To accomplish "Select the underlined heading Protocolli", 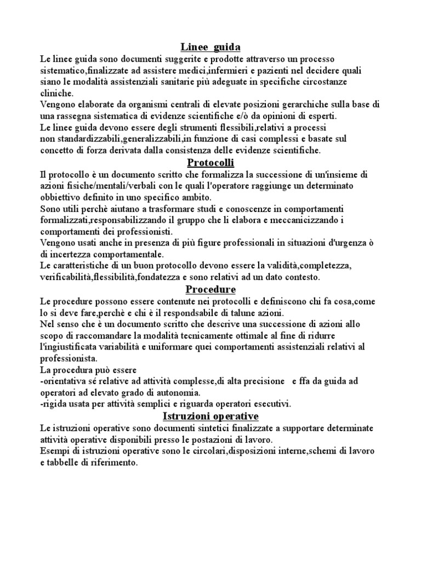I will [x=210, y=163].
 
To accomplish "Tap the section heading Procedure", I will [x=210, y=289].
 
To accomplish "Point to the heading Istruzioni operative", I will [x=210, y=416].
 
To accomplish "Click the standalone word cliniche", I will [x=57, y=94].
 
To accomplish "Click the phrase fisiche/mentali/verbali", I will [x=103, y=186].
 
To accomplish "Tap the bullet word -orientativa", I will [x=66, y=381].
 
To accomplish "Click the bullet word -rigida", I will [x=55, y=404].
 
